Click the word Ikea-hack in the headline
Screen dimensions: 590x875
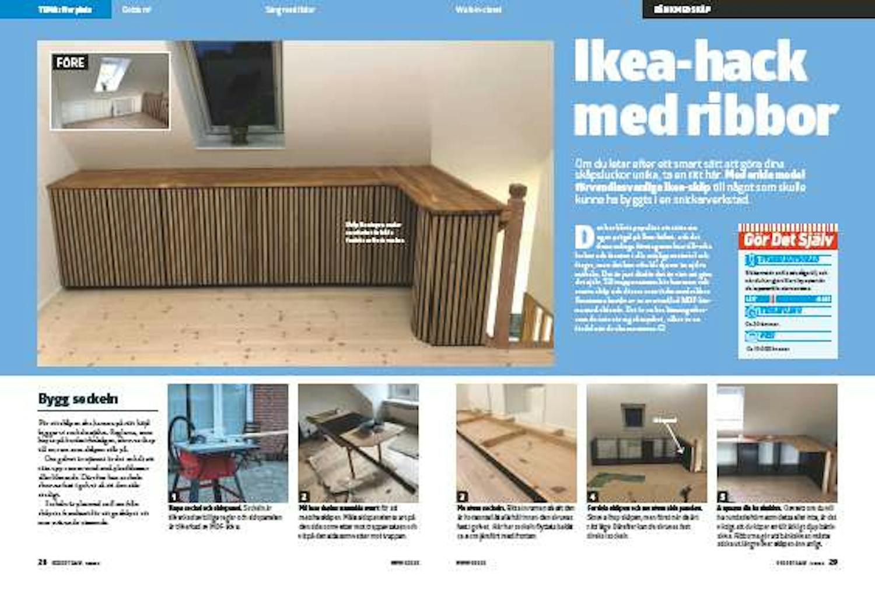click(x=690, y=62)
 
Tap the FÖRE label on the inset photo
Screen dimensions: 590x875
click(x=71, y=62)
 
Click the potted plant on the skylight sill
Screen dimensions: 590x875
click(x=239, y=134)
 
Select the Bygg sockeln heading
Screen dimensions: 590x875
click(x=78, y=399)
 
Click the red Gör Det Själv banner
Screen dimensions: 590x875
click(x=789, y=240)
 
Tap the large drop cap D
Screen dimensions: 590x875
click(x=583, y=236)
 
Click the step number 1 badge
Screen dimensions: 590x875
click(x=173, y=497)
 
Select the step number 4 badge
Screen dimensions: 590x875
click(x=593, y=497)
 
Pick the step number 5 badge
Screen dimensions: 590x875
click(x=723, y=497)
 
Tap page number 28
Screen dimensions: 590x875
click(x=42, y=562)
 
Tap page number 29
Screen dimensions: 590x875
click(x=833, y=562)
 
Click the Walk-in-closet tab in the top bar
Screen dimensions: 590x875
click(x=478, y=9)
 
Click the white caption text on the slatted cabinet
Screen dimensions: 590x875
click(x=374, y=232)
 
